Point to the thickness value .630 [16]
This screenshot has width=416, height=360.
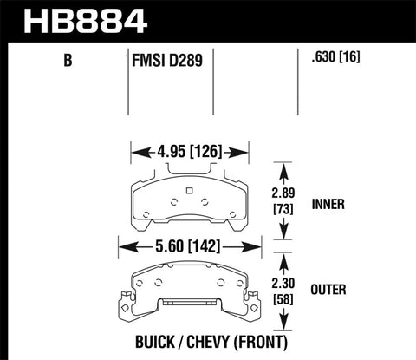point(337,60)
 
